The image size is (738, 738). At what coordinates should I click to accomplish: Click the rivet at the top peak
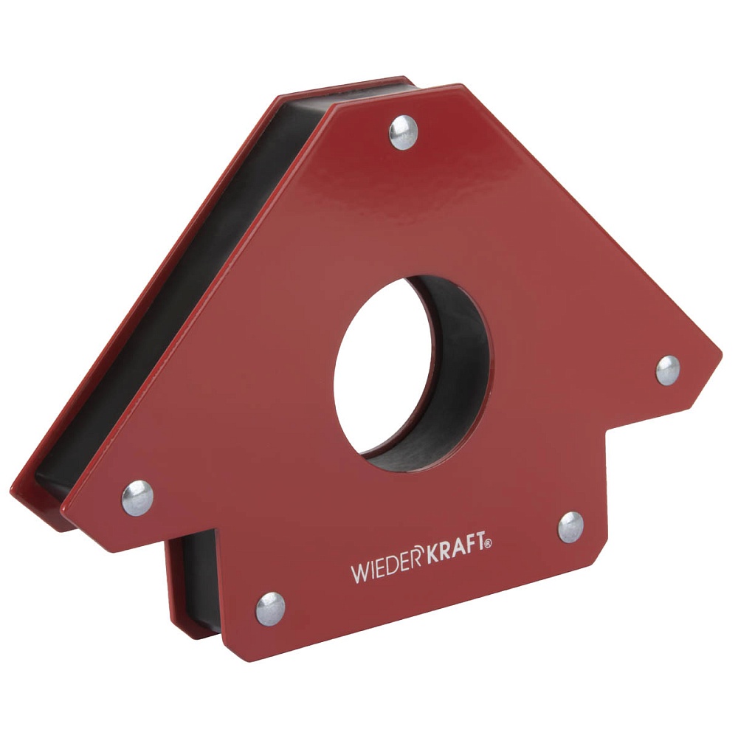(403, 133)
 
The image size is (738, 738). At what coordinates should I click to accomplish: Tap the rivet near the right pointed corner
(668, 370)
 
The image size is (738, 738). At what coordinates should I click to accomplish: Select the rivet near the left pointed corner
(137, 497)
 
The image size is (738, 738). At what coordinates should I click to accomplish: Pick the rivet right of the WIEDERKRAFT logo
(570, 527)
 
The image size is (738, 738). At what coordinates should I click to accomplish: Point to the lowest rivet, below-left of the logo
(270, 609)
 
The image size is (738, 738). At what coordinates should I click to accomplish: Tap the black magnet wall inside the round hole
(458, 384)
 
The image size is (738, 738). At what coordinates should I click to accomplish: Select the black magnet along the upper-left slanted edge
(184, 295)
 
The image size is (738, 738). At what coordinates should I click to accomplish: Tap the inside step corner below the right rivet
(607, 435)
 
